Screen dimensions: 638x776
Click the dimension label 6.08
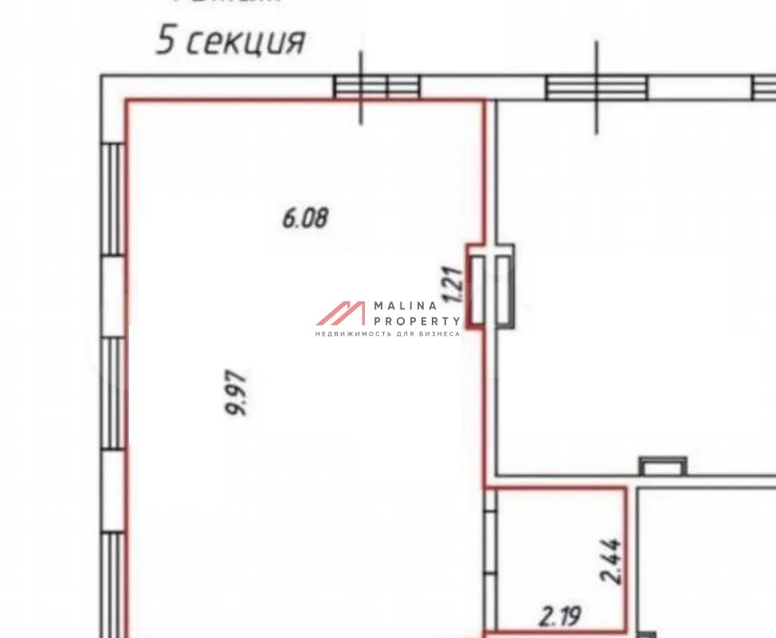(305, 218)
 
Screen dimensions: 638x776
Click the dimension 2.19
(561, 616)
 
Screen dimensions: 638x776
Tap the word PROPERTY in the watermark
(417, 320)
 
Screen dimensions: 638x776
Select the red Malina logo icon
(341, 313)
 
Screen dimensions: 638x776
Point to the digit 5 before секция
(165, 40)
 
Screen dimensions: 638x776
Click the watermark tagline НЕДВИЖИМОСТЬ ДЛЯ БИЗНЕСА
(388, 333)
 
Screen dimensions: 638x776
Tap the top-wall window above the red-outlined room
(376, 87)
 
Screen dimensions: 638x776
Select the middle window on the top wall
(597, 87)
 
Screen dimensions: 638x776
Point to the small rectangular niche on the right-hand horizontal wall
(663, 466)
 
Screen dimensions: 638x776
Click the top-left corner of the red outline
(127, 101)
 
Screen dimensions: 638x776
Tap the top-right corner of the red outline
(484, 101)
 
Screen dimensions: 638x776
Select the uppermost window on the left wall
(114, 199)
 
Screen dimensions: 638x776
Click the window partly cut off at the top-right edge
(764, 88)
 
